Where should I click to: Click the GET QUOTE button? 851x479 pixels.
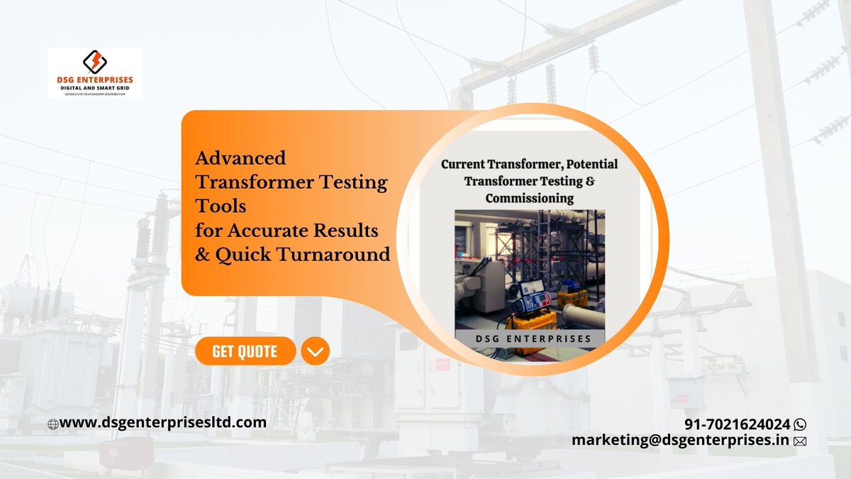click(x=245, y=351)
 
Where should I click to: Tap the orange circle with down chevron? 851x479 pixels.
click(x=315, y=351)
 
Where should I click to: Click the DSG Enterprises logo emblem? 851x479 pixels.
click(x=94, y=61)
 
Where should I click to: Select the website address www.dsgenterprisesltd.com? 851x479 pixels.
click(x=163, y=422)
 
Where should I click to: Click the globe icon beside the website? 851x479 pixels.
click(x=52, y=424)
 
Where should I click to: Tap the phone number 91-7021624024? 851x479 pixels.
click(x=738, y=424)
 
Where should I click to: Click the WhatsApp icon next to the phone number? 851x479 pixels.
click(x=801, y=424)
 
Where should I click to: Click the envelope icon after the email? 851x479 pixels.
click(x=801, y=441)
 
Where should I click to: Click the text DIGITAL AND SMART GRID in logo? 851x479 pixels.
click(x=94, y=87)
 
